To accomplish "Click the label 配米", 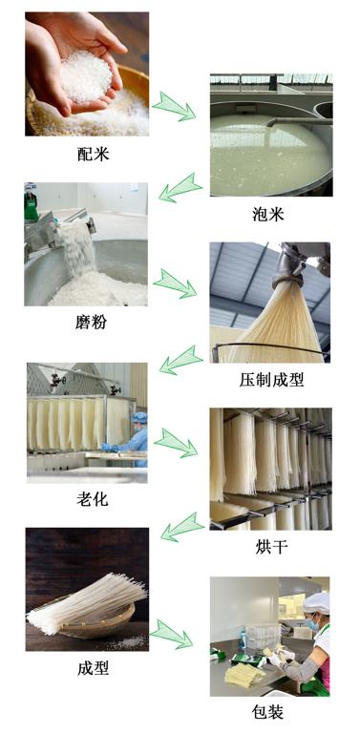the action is [x=93, y=154].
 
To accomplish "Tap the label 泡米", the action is [x=268, y=214].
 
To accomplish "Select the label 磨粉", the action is [x=91, y=322].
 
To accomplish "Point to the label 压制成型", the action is [x=271, y=380].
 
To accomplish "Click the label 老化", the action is [x=93, y=499].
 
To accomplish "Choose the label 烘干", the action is [x=271, y=547].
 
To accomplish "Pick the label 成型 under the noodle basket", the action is [x=93, y=668].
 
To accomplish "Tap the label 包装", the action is [x=267, y=711].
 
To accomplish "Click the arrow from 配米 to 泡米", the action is [x=174, y=106].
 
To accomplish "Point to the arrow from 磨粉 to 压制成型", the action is [x=175, y=283].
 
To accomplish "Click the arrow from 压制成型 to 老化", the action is [x=181, y=360].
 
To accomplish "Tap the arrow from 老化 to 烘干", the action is [x=176, y=443].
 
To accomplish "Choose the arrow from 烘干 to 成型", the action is [x=182, y=527].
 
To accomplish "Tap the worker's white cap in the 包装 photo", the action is [x=316, y=603].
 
